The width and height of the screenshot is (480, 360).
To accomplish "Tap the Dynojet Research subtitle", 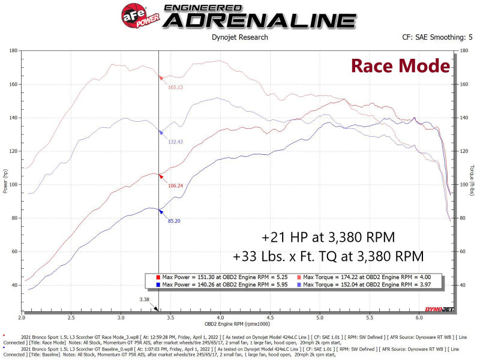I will click(x=241, y=37).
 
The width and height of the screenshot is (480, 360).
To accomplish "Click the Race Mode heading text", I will click(x=400, y=65).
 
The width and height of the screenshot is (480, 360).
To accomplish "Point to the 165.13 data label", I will click(x=175, y=88).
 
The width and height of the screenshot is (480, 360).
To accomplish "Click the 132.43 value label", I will click(x=175, y=142).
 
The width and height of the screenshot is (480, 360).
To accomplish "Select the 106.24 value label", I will click(x=175, y=185).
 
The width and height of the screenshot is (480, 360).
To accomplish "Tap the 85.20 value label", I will click(x=174, y=221).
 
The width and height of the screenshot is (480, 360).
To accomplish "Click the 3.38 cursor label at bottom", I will click(x=144, y=298).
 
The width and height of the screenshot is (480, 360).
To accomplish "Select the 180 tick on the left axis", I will click(x=13, y=51).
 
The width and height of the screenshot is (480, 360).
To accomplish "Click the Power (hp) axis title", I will click(x=4, y=180).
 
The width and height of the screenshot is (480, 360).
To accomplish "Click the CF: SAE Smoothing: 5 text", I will click(x=437, y=37).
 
